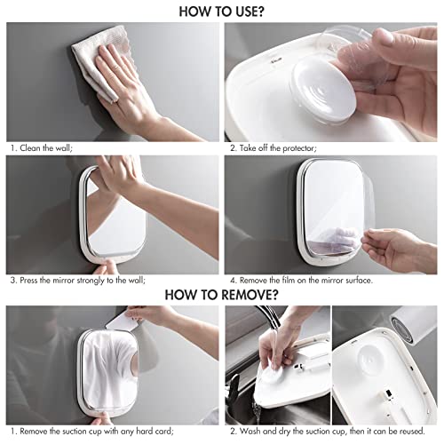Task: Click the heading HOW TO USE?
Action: pos(221,12)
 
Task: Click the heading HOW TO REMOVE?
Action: pos(222,292)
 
